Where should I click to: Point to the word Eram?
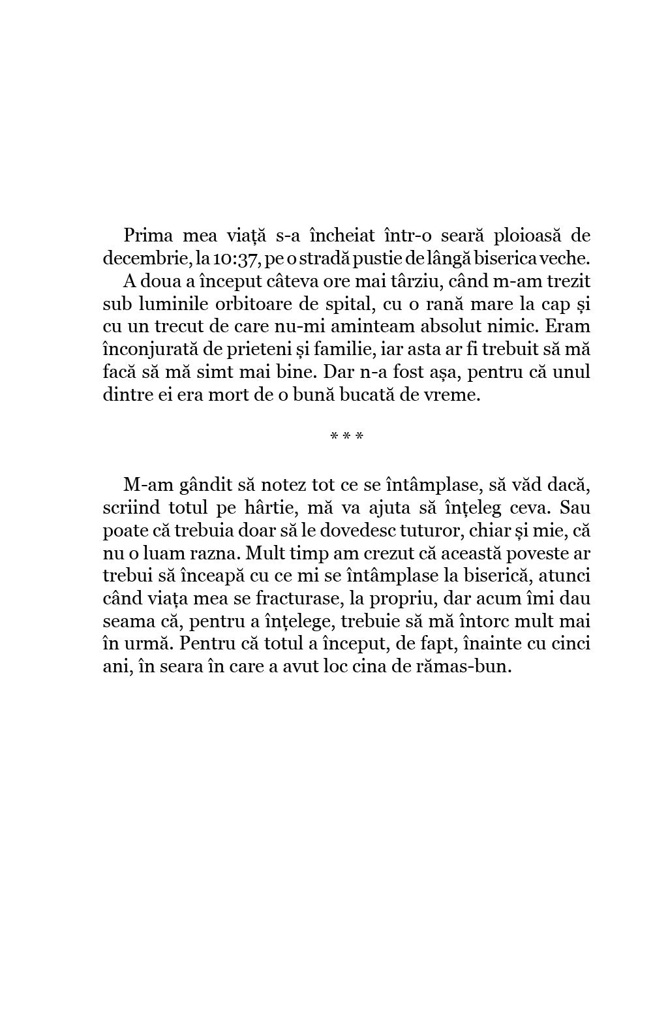click(568, 327)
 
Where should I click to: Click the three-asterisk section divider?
click(346, 436)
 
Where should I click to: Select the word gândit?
click(204, 485)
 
